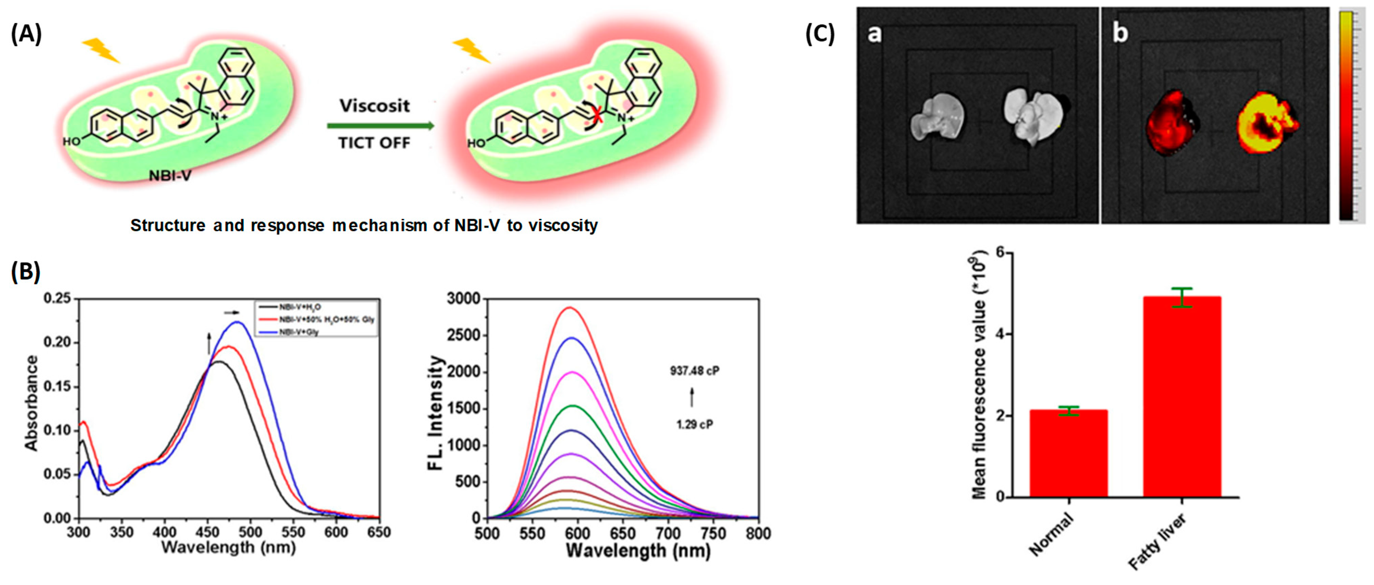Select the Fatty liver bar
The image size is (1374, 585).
[1182, 397]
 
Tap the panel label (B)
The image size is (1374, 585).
[26, 272]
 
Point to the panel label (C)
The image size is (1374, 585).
[820, 34]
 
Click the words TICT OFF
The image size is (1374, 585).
[374, 143]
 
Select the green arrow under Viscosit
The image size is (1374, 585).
[380, 126]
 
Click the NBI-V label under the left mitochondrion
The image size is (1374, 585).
[170, 175]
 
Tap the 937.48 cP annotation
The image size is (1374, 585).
[694, 371]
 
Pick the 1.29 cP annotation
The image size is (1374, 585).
[694, 425]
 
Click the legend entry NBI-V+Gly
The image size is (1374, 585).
[299, 332]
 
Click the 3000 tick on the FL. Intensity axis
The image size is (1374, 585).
[463, 299]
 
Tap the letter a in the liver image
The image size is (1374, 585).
[874, 34]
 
